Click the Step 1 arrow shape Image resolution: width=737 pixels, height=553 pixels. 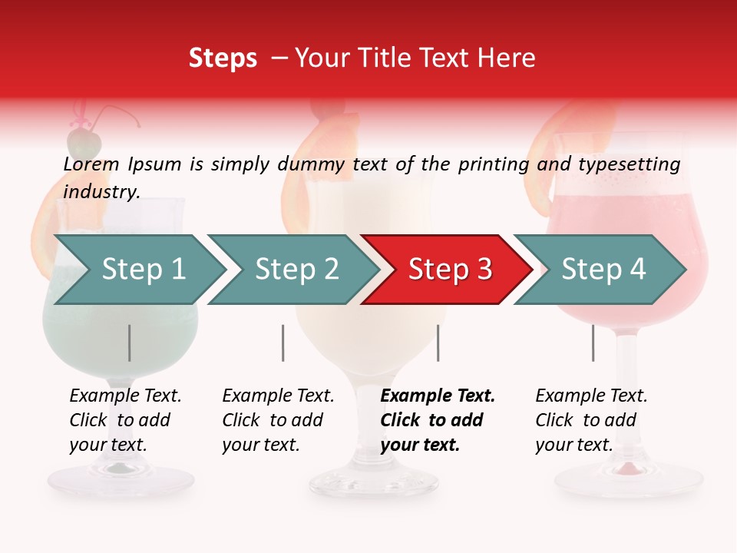click(142, 270)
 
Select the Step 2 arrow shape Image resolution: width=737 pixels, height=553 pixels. click(296, 270)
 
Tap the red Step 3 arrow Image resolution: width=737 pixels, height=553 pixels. click(449, 270)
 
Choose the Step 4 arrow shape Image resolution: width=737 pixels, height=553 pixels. click(603, 270)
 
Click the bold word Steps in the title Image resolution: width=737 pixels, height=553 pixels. click(223, 58)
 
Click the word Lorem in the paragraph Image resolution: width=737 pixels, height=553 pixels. click(91, 164)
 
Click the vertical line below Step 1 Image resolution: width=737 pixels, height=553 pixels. click(130, 343)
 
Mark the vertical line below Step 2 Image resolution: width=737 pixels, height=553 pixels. click(283, 343)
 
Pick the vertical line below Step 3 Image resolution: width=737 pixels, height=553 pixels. click(438, 343)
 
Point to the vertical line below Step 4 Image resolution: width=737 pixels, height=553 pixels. click(593, 343)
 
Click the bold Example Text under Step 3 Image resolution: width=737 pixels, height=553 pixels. click(438, 396)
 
